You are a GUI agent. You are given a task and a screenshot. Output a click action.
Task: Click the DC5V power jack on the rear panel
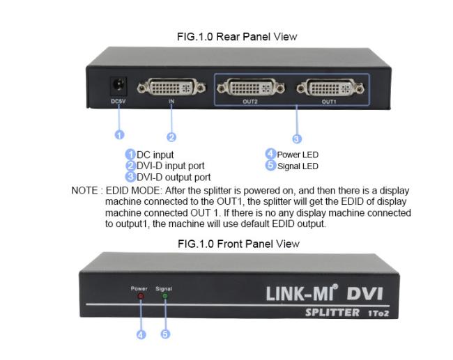[x=118, y=86]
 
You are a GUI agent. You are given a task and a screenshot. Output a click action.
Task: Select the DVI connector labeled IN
[x=171, y=87]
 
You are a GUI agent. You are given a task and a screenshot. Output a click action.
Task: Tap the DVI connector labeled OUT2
[x=251, y=88]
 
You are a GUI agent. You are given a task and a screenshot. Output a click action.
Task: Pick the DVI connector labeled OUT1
[x=330, y=88]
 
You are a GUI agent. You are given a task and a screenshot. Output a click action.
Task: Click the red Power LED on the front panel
[x=141, y=296]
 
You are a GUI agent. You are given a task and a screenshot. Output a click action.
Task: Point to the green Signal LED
[x=165, y=296]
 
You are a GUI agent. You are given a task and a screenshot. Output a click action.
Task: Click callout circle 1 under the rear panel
[x=119, y=135]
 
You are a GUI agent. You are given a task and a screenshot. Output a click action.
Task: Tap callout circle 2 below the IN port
[x=171, y=137]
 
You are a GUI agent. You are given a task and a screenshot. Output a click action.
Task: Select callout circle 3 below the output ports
[x=296, y=139]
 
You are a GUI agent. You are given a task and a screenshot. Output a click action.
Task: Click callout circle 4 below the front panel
[x=141, y=335]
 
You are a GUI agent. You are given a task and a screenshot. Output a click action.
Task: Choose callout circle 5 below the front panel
[x=165, y=334]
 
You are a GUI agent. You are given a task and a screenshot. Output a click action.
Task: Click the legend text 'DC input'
[x=155, y=155]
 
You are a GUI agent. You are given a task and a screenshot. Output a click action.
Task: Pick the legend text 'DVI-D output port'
[x=174, y=177]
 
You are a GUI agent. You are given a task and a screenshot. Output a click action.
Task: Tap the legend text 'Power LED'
[x=298, y=155]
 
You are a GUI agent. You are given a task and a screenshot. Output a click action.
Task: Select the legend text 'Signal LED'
[x=298, y=166]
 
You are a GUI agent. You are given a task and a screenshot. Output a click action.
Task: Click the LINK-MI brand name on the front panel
[x=302, y=293]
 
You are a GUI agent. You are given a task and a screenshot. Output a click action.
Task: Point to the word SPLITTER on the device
[x=332, y=313]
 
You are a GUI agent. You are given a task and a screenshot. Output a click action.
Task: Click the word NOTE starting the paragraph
[x=84, y=191]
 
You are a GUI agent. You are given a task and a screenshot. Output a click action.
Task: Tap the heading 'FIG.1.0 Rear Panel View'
[x=237, y=37]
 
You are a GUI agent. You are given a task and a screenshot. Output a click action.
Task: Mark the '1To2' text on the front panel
[x=378, y=313]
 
